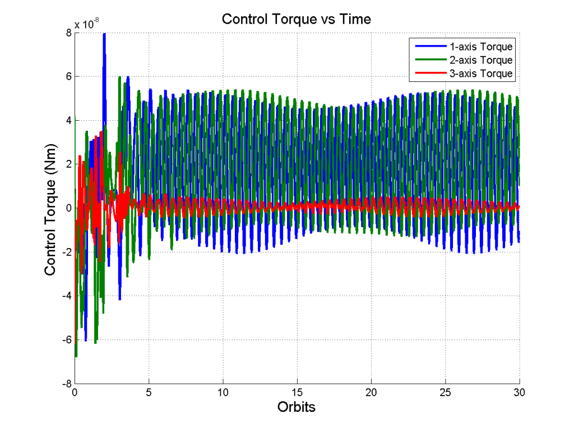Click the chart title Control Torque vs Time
click(296, 19)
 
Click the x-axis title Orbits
click(296, 407)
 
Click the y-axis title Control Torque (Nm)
click(50, 208)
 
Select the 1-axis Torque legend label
click(482, 47)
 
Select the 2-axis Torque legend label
click(482, 60)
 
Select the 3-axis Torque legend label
click(482, 74)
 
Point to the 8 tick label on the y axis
click(68, 33)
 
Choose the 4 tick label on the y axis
click(68, 120)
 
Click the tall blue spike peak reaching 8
click(104, 35)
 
